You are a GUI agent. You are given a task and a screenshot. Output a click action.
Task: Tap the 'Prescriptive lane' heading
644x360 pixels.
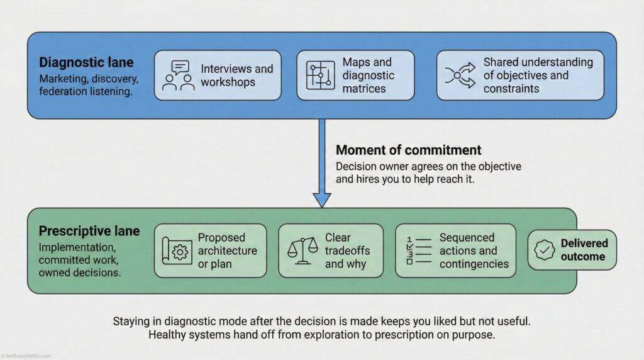coord(89,232)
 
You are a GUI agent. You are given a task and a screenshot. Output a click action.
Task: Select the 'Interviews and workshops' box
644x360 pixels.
coord(218,76)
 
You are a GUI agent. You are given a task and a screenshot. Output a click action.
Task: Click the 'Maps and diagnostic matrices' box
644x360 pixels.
coord(355,76)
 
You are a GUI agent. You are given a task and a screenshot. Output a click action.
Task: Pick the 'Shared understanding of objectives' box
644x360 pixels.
coord(520,76)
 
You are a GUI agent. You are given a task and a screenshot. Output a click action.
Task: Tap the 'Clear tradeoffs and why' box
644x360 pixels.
coord(330,250)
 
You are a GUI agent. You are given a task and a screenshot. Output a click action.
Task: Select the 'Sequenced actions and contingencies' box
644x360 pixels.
coord(455,250)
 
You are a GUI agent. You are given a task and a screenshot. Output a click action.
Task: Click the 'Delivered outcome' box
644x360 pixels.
coord(572,250)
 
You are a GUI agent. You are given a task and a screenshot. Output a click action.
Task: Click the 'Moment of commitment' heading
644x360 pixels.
coord(408,150)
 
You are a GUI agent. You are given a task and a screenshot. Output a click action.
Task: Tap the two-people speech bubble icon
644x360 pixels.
coord(177,76)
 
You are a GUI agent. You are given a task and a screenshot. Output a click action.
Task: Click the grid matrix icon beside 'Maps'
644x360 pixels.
coord(320,76)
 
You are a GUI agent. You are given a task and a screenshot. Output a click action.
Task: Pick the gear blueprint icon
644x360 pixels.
coord(177,251)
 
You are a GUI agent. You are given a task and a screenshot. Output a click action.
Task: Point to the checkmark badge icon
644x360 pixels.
coord(543,250)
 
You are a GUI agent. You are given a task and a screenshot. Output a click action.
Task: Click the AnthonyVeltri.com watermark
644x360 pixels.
coord(26,356)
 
